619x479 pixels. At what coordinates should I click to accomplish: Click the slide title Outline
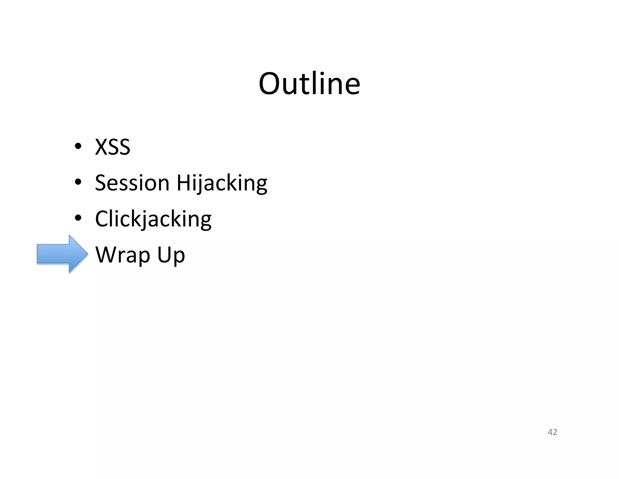coord(309,84)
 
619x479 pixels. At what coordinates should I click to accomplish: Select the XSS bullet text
coord(112,147)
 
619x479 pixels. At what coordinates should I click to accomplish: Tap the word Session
coord(132,183)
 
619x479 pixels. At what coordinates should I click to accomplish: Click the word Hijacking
coord(222,183)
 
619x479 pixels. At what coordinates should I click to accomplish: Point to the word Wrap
coord(123,255)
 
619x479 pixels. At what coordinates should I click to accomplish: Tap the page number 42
coord(552,432)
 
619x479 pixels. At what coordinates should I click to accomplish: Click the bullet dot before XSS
coord(78,147)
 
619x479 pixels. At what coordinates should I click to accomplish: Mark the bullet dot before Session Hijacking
coord(78,182)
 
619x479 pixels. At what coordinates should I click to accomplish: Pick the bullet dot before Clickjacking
coord(78,218)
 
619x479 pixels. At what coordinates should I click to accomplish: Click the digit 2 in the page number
coord(555,432)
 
